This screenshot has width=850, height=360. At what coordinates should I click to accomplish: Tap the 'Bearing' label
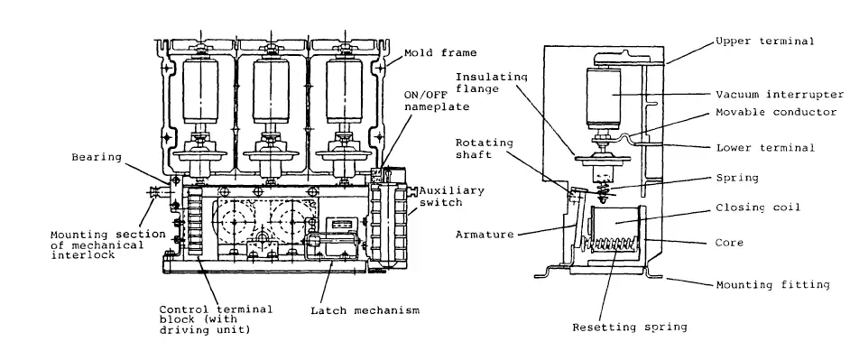tap(96, 157)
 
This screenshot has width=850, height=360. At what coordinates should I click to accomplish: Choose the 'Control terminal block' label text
tap(207, 317)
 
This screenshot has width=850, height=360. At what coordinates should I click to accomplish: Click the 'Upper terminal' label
tap(766, 42)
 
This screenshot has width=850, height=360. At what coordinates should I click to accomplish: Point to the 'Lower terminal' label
tap(766, 147)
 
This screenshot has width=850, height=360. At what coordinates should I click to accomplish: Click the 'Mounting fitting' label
tap(772, 284)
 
